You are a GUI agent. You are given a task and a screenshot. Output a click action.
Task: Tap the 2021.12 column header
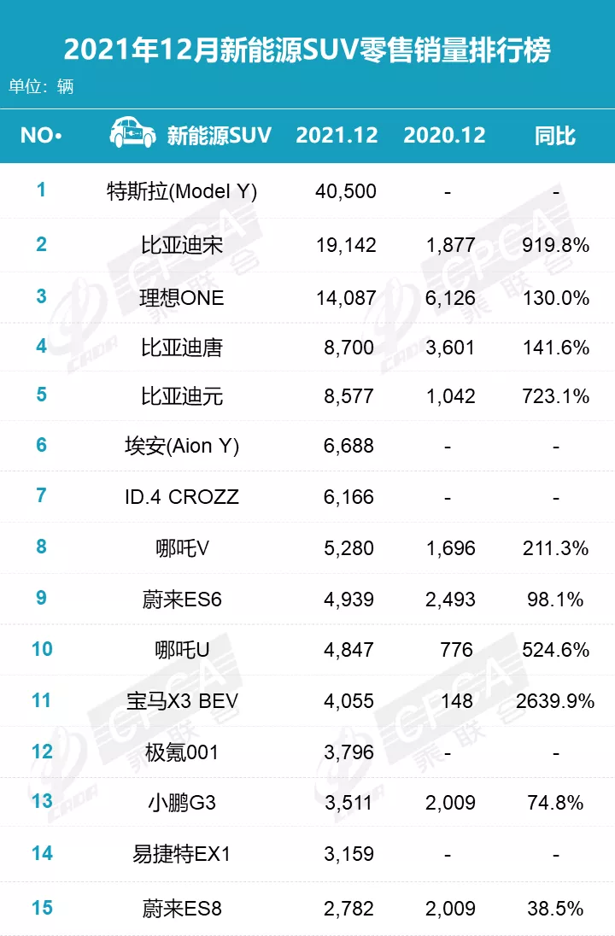coord(337,135)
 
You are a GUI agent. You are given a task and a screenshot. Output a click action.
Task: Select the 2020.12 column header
coord(444,135)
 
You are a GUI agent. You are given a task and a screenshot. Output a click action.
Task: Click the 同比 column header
coord(555,135)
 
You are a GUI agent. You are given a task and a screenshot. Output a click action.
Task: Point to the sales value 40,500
coord(345,191)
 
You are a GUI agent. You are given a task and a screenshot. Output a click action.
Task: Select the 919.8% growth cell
coord(555,246)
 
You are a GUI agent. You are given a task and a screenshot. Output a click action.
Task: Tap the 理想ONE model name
coord(182,297)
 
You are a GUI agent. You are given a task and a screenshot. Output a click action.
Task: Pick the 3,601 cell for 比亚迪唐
coord(450,348)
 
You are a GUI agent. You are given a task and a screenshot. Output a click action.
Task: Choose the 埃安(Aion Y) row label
coord(181,447)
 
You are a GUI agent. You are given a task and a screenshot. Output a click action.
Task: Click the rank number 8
coord(42,547)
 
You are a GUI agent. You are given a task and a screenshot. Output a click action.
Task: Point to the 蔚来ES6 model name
coord(182,599)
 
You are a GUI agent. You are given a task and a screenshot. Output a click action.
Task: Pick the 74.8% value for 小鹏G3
coord(555,803)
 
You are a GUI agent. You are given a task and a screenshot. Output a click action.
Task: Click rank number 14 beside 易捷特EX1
coord(42,853)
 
